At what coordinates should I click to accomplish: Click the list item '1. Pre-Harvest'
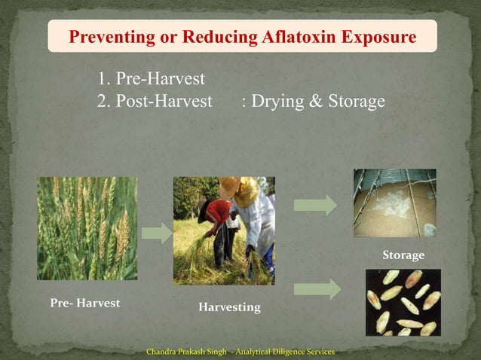coord(152,78)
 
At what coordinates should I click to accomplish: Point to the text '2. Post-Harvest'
coord(155,101)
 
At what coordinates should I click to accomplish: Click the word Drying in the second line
coord(277,101)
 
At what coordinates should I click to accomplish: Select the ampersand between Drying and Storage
coord(316,101)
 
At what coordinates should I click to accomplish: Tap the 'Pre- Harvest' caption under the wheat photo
coord(84,303)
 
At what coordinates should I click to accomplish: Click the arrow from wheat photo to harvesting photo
coord(156,233)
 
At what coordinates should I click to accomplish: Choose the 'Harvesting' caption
coord(229,307)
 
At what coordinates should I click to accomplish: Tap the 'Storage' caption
coord(403,255)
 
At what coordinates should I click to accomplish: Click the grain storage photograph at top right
coord(394,203)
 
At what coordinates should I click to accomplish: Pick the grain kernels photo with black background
coord(403,302)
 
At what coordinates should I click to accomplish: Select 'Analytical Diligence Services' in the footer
coord(286,352)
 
